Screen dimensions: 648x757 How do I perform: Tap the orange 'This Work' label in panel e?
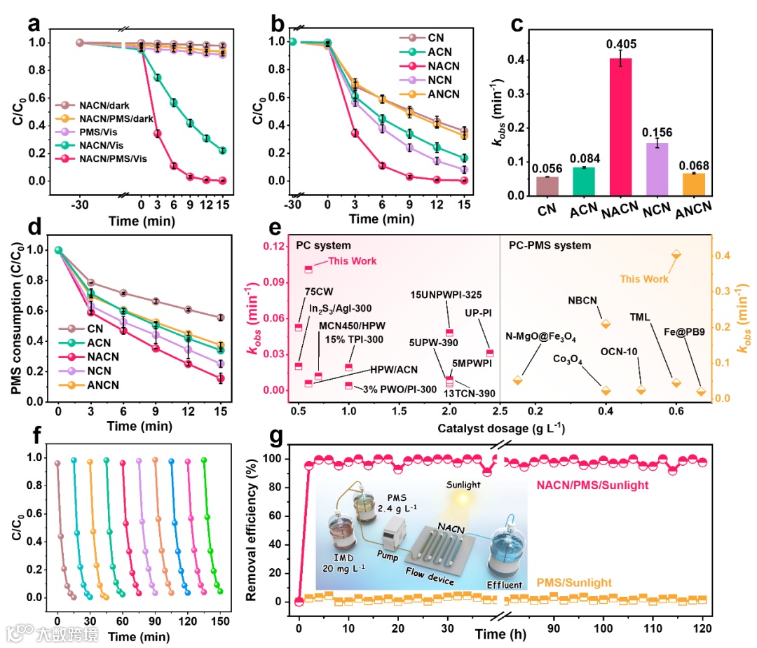643,279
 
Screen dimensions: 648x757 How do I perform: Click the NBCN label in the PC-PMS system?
583,301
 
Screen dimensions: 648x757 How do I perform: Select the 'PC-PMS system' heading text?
548,245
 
